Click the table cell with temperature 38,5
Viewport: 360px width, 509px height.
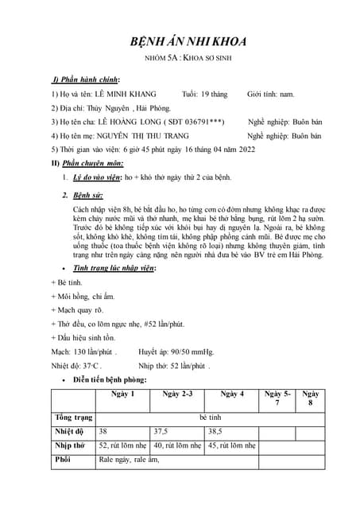point(216,431)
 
